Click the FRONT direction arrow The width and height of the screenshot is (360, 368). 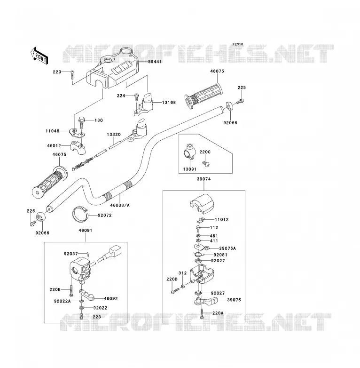pyautogui.click(x=39, y=56)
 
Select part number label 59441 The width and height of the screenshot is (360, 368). pyautogui.click(x=155, y=62)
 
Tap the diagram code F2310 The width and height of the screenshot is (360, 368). pyautogui.click(x=238, y=44)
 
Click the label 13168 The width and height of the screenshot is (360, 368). pyautogui.click(x=169, y=103)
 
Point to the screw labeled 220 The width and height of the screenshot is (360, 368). pyautogui.click(x=73, y=75)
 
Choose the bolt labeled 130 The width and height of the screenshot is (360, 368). pyautogui.click(x=81, y=123)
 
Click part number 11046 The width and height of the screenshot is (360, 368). pyautogui.click(x=53, y=131)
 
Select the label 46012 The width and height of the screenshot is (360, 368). pyautogui.click(x=54, y=146)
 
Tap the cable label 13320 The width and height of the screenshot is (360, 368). pyautogui.click(x=114, y=135)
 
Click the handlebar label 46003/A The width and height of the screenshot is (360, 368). pyautogui.click(x=120, y=205)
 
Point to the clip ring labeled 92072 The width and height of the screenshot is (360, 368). pyautogui.click(x=80, y=214)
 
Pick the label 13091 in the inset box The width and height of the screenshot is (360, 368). pyautogui.click(x=189, y=169)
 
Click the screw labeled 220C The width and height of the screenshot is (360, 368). pyautogui.click(x=206, y=164)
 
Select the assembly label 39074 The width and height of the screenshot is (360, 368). pyautogui.click(x=203, y=179)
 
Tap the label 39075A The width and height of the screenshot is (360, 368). pyautogui.click(x=227, y=248)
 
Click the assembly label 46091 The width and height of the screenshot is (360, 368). pyautogui.click(x=86, y=231)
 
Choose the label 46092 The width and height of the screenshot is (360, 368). pyautogui.click(x=110, y=299)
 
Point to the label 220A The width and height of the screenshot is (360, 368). pyautogui.click(x=218, y=313)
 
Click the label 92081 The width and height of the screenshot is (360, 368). pyautogui.click(x=220, y=255)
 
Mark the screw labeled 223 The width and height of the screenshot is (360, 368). pyautogui.click(x=82, y=316)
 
